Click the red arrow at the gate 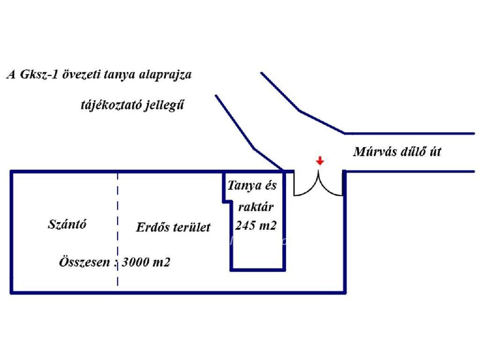pyautogui.click(x=320, y=161)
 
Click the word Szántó pyautogui.click(x=67, y=225)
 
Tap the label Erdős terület pyautogui.click(x=173, y=227)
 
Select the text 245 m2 pyautogui.click(x=255, y=225)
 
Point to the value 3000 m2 pyautogui.click(x=146, y=262)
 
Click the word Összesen pyautogui.click(x=84, y=262)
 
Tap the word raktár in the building pyautogui.click(x=255, y=207)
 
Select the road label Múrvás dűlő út pyautogui.click(x=397, y=152)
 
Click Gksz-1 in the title pyautogui.click(x=39, y=75)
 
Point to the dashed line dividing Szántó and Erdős pyautogui.click(x=118, y=229)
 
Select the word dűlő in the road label pyautogui.click(x=410, y=152)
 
